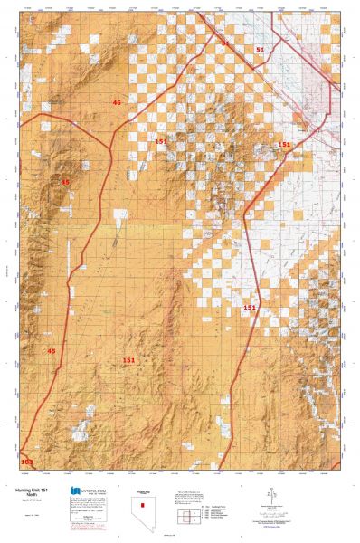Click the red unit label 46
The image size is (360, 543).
click(x=116, y=103)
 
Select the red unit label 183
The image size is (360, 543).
click(x=26, y=462)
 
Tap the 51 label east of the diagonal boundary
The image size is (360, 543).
click(x=261, y=50)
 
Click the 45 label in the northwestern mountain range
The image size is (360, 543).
click(x=64, y=182)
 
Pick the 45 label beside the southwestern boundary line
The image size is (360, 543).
click(x=52, y=350)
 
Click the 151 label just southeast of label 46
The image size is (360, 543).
click(x=161, y=141)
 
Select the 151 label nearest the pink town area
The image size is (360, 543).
click(x=284, y=144)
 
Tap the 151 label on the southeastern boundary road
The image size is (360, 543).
click(x=250, y=308)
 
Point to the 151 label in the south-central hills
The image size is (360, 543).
click(x=129, y=360)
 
